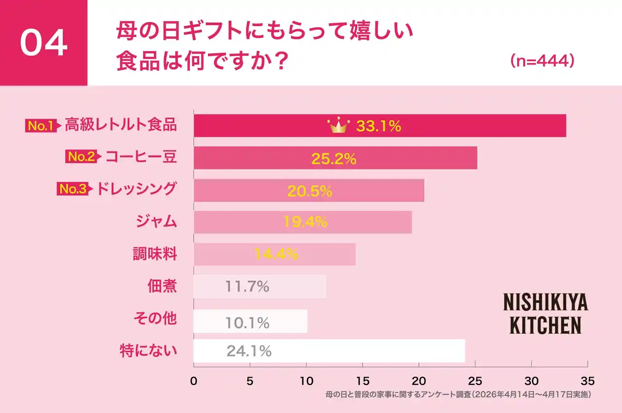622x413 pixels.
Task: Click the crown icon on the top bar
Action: [339, 126]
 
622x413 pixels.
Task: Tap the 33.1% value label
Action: [379, 126]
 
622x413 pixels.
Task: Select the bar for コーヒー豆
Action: [335, 158]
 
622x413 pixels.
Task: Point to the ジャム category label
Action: [155, 222]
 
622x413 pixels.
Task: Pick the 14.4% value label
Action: [276, 254]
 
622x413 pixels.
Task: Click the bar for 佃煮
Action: [259, 287]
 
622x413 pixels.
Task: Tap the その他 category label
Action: [155, 319]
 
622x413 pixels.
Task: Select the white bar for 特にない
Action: [329, 351]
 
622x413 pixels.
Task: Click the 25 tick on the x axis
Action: [475, 381]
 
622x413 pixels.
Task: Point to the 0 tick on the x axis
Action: [194, 381]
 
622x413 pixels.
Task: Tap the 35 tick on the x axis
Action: [587, 381]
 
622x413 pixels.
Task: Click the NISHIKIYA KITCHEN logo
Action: [545, 314]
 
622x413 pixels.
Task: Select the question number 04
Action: [43, 43]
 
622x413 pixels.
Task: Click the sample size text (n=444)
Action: [542, 62]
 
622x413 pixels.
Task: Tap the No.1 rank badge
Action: [42, 126]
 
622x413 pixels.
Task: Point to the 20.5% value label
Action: [310, 191]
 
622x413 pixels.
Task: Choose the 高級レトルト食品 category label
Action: [121, 125]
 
